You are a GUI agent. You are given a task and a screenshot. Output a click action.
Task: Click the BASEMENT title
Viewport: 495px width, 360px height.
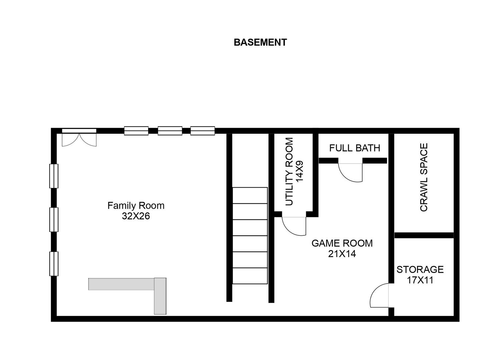pos(260,42)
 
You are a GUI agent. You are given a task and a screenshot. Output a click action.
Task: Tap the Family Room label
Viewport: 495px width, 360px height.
pos(136,206)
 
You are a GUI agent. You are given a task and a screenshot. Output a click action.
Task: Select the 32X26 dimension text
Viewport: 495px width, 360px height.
pos(136,216)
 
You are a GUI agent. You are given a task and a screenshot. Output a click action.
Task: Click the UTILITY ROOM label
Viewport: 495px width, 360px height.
pos(289,172)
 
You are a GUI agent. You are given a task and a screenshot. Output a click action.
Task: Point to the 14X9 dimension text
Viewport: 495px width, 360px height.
pos(300,171)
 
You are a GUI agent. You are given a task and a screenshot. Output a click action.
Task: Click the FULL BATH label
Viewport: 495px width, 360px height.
pos(355,148)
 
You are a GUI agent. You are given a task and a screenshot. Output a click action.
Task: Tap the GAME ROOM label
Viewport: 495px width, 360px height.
pos(342,243)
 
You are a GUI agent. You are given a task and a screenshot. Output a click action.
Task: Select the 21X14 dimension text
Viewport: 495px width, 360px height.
pos(342,254)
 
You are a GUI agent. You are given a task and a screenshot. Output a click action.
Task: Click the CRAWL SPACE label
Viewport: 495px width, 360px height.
pos(424,177)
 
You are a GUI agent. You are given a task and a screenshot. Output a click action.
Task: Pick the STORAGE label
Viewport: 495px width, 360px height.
pos(420,269)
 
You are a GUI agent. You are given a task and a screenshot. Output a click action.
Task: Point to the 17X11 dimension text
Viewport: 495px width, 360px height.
pos(420,280)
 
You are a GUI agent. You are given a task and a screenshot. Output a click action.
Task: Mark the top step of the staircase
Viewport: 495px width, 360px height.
pos(250,195)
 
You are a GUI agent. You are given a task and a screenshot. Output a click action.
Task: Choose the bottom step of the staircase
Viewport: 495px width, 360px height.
pos(250,276)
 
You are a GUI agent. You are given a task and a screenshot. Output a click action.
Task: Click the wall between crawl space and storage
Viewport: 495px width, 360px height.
pos(424,235)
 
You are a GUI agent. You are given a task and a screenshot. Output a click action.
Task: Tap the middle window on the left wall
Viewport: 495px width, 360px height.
pos(54,220)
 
